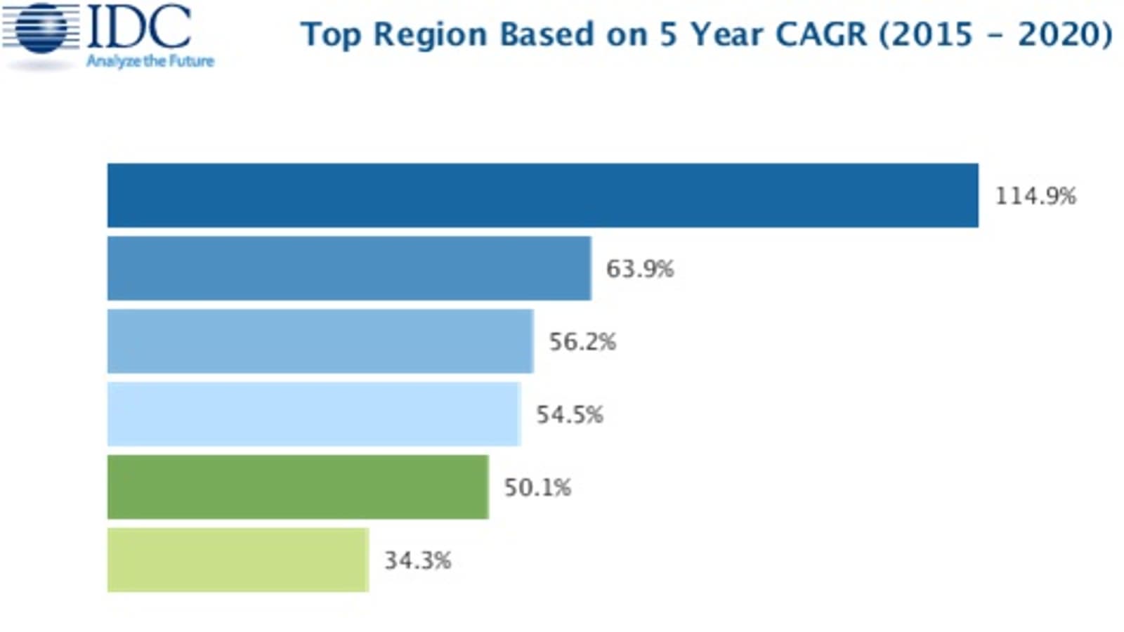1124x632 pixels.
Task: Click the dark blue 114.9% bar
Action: pyautogui.click(x=542, y=195)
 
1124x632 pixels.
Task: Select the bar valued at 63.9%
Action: pyautogui.click(x=349, y=268)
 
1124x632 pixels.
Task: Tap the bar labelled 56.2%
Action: pyautogui.click(x=320, y=341)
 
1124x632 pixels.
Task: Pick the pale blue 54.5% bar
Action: pyautogui.click(x=314, y=414)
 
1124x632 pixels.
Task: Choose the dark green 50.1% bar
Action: pyautogui.click(x=298, y=487)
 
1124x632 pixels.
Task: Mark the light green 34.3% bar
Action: pyautogui.click(x=238, y=560)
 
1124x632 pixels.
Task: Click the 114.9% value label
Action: pyautogui.click(x=1035, y=195)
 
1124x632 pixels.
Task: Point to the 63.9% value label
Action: pyautogui.click(x=640, y=268)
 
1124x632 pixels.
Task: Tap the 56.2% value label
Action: pyautogui.click(x=582, y=341)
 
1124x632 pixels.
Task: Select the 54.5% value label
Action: pyautogui.click(x=570, y=414)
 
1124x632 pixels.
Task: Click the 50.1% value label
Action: pyautogui.click(x=537, y=487)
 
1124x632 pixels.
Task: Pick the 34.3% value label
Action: pyautogui.click(x=417, y=560)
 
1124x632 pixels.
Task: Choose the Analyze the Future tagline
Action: pyautogui.click(x=150, y=62)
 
